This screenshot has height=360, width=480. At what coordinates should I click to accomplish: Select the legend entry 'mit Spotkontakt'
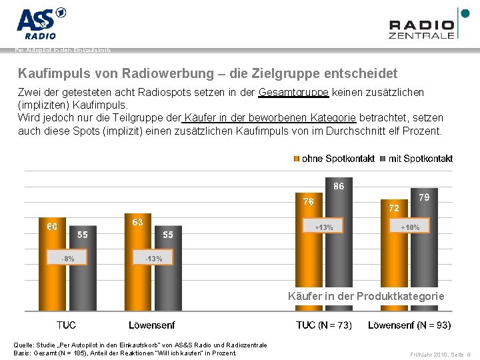tap(416, 159)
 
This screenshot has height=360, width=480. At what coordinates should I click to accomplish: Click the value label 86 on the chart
tap(339, 187)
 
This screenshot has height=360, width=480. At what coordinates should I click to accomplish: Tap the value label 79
tap(424, 197)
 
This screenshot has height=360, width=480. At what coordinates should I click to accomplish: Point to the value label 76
tap(309, 201)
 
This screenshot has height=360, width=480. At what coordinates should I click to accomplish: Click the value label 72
tap(394, 208)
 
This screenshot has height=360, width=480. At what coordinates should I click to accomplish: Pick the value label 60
tap(51, 227)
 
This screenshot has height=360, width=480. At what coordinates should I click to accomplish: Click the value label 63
tap(137, 222)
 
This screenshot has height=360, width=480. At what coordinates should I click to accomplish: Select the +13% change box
tap(324, 227)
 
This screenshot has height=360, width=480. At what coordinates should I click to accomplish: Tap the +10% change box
tap(410, 227)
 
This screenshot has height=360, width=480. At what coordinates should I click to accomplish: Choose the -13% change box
tap(153, 258)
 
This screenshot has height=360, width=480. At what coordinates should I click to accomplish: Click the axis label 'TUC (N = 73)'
tap(324, 325)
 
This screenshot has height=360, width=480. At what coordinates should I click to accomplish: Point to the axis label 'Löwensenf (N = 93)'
tap(409, 325)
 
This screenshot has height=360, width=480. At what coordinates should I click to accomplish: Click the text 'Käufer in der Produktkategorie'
tap(365, 296)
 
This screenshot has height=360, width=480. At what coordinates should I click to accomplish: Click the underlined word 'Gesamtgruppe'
tap(293, 92)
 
